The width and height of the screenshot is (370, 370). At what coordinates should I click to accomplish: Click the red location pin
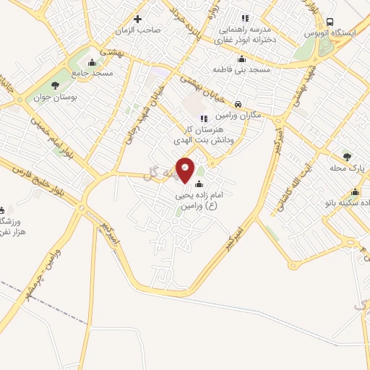point(185,171)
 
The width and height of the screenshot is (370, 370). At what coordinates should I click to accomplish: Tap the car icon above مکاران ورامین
point(238,103)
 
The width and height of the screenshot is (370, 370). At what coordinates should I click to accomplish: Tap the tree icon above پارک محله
point(346,156)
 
